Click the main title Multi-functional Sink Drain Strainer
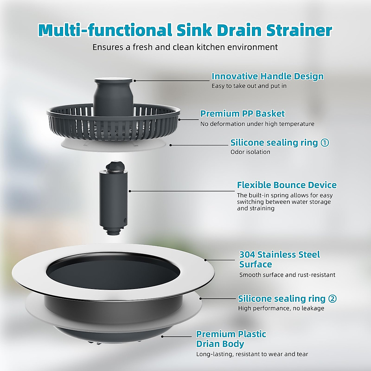tap(185, 30)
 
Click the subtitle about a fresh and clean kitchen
tap(185, 47)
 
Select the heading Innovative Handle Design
tap(267, 76)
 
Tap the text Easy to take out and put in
tap(249, 86)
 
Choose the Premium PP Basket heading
tap(242, 113)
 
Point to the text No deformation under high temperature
tap(257, 124)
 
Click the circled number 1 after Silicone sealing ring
tap(325, 143)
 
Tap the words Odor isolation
tap(250, 152)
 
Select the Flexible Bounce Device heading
tap(287, 185)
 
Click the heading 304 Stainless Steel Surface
tap(279, 259)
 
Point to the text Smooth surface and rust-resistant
tap(287, 275)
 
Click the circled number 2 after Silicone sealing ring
tap(332, 299)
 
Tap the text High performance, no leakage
tap(281, 308)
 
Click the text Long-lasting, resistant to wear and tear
tap(252, 354)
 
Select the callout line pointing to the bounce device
tap(182, 191)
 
